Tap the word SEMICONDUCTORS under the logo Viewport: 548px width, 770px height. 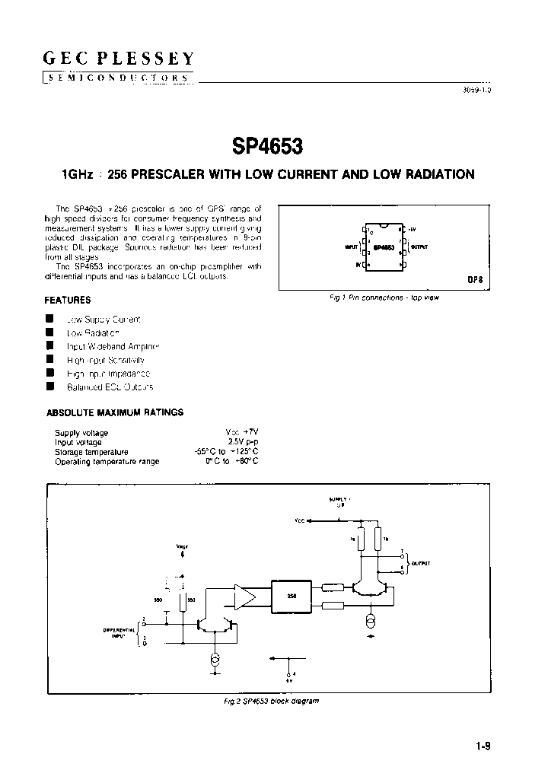[118, 78]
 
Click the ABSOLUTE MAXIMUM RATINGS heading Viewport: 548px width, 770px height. [115, 412]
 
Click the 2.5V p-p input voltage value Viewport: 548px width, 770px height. [244, 442]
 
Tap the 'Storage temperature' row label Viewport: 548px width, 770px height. [91, 452]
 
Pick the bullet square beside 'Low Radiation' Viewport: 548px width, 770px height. [49, 332]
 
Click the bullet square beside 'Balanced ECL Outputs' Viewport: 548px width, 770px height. [49, 387]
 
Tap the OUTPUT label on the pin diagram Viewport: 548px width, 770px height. [419, 247]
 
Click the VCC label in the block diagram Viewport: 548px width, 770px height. [300, 521]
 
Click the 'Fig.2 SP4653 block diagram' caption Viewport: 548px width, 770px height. [266, 700]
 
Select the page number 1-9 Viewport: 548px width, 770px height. [483, 746]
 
